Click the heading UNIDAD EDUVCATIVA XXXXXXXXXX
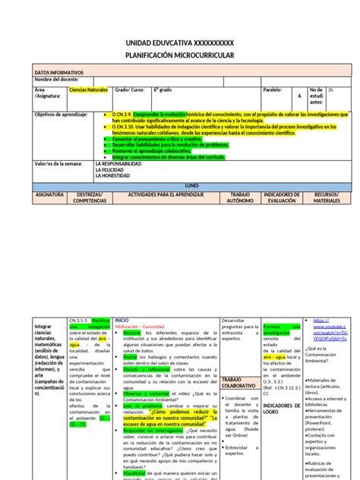click(x=179, y=44)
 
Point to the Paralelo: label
click(x=273, y=89)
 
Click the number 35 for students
click(x=330, y=89)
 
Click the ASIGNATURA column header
click(x=49, y=194)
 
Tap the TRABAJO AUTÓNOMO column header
click(x=239, y=197)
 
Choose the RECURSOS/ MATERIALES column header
click(x=327, y=197)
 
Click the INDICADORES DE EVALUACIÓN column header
click(x=280, y=197)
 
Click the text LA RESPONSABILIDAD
click(x=118, y=163)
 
